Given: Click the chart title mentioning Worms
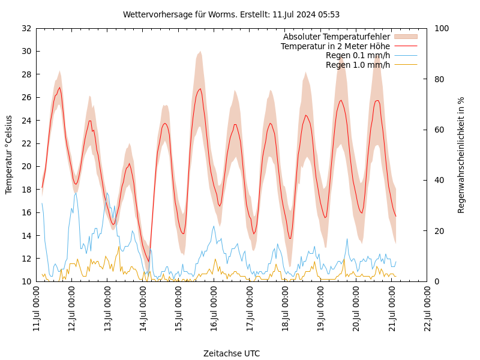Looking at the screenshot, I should click(231, 14).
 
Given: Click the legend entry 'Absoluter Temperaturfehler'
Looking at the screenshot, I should click(336, 37).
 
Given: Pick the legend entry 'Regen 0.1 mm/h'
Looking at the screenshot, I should click(358, 55).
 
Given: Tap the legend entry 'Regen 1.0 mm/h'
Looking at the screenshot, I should click(358, 64).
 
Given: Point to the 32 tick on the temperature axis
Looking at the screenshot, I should click(26, 28).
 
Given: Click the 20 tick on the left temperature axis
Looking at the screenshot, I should click(26, 166).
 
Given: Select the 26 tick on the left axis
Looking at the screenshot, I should click(26, 97).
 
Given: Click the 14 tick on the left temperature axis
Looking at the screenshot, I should click(26, 236).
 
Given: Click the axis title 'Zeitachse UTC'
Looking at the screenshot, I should click(232, 353).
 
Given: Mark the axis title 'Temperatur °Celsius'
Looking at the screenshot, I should click(9, 154).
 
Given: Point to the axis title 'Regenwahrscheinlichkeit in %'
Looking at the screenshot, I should click(461, 155).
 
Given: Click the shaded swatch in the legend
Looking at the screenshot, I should click(405, 37).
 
